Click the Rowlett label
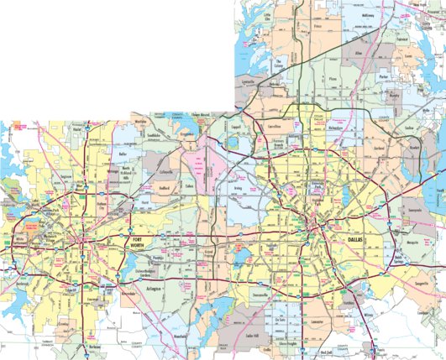(414, 149)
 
